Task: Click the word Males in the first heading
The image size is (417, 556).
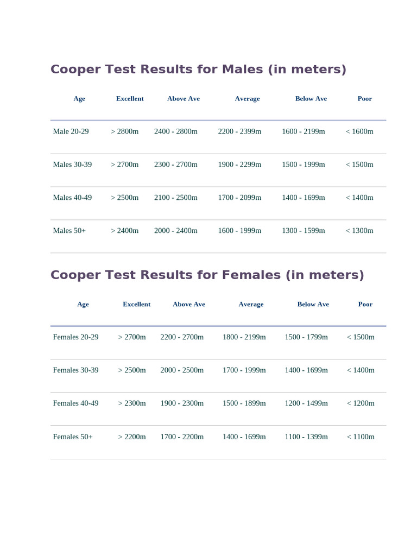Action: (x=243, y=69)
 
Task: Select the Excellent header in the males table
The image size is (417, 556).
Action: (x=130, y=99)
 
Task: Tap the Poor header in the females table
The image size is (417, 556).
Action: (x=365, y=305)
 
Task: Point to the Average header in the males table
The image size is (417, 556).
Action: (x=247, y=99)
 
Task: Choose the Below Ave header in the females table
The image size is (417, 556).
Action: (x=313, y=305)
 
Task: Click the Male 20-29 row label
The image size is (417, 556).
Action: (x=71, y=131)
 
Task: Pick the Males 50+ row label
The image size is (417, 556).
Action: (x=69, y=231)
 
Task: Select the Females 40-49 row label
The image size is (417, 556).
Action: (x=76, y=403)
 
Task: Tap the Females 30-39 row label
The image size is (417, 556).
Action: (x=76, y=370)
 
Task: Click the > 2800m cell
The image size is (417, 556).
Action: (x=125, y=131)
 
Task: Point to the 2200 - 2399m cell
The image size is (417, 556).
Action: (x=239, y=131)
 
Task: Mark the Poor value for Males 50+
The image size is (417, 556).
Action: (x=359, y=231)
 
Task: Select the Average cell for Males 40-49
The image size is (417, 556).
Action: (x=239, y=198)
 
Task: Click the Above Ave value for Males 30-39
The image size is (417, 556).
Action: (x=176, y=165)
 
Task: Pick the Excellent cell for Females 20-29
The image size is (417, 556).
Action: (x=132, y=337)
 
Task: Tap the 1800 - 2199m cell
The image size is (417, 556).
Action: (x=244, y=337)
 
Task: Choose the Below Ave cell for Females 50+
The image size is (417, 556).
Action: (x=306, y=437)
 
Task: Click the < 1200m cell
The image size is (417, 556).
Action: (x=361, y=403)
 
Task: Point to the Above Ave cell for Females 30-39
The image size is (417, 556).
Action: (x=182, y=370)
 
